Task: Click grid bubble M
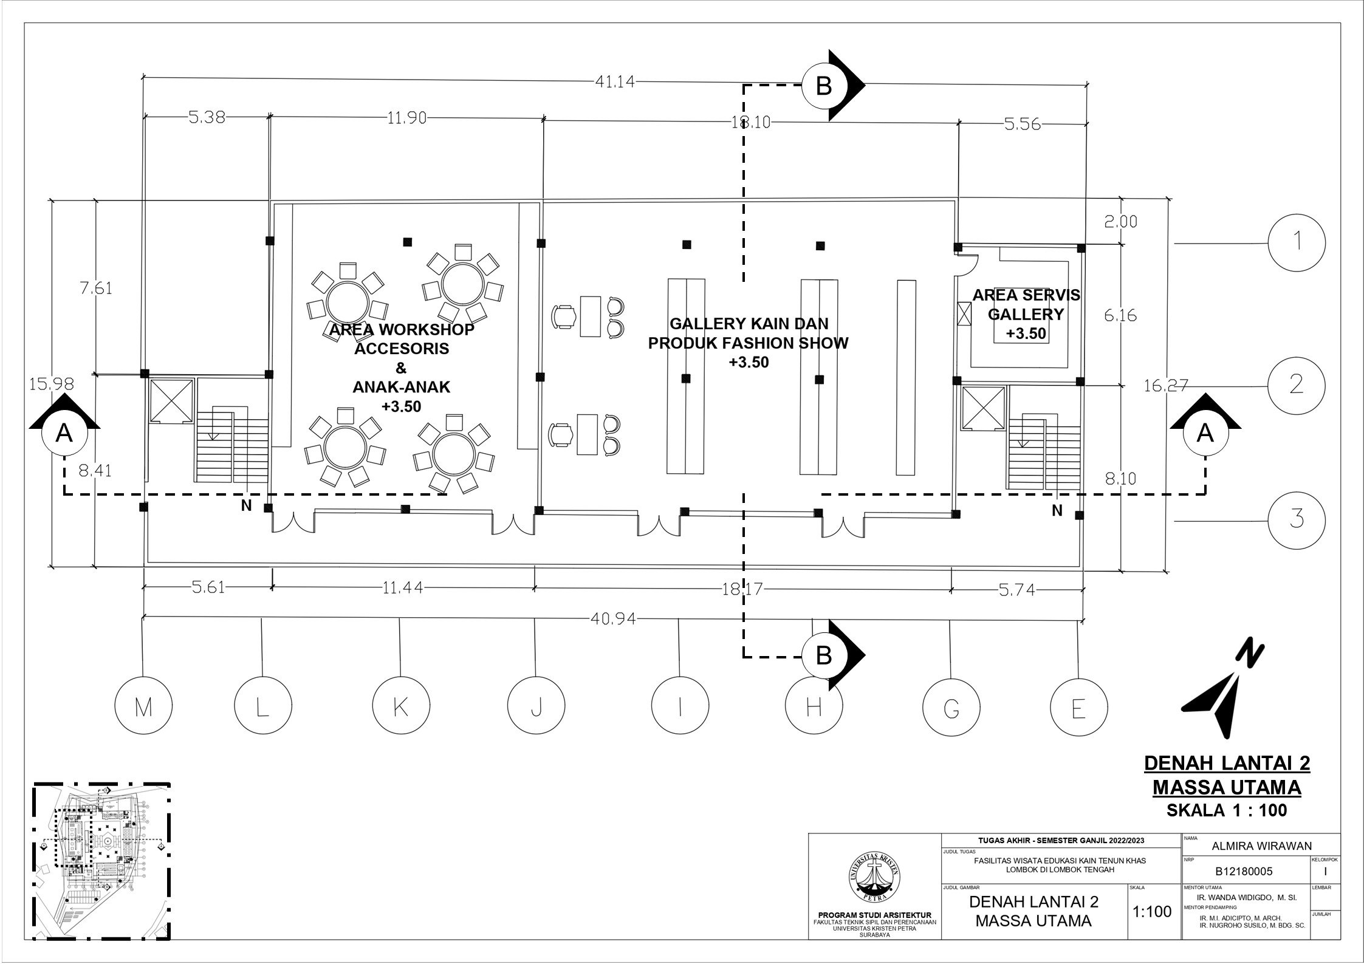pyautogui.click(x=144, y=706)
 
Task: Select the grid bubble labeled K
pyautogui.click(x=400, y=706)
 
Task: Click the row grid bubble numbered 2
pyautogui.click(x=1297, y=385)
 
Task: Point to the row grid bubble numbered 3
pyautogui.click(x=1297, y=520)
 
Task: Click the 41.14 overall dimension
pyautogui.click(x=614, y=81)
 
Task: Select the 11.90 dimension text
pyautogui.click(x=406, y=118)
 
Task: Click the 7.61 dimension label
pyautogui.click(x=96, y=288)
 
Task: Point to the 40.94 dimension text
pyautogui.click(x=613, y=619)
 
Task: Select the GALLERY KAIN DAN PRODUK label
pyautogui.click(x=748, y=333)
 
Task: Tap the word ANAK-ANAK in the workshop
pyautogui.click(x=402, y=387)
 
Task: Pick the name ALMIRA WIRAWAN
pyautogui.click(x=1261, y=846)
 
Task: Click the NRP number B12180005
pyautogui.click(x=1244, y=871)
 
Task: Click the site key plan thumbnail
pyautogui.click(x=101, y=869)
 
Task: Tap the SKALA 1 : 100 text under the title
pyautogui.click(x=1226, y=810)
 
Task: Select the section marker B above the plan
pyautogui.click(x=824, y=86)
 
